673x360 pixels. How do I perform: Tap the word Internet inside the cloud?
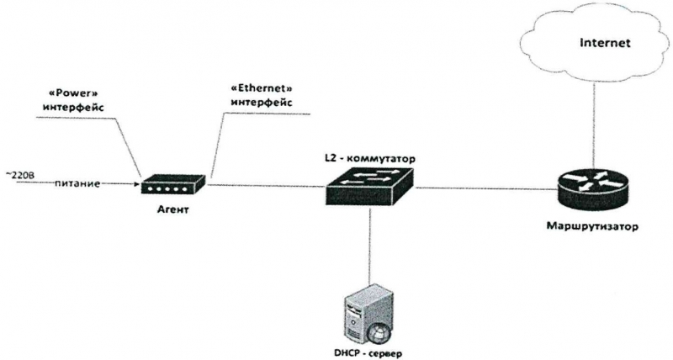click(605, 43)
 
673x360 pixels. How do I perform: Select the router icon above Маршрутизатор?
click(595, 189)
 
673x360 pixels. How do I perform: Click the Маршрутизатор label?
click(592, 226)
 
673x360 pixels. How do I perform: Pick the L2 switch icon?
click(369, 187)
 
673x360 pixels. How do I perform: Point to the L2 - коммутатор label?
click(369, 159)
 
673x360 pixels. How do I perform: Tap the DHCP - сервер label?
click(368, 354)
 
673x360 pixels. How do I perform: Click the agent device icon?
click(174, 185)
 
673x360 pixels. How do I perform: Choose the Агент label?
click(173, 210)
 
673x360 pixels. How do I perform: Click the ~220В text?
click(19, 175)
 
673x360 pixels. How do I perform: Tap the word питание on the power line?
click(77, 184)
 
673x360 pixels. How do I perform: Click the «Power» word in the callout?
click(72, 93)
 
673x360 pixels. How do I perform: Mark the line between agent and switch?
click(266, 186)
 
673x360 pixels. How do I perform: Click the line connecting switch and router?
click(487, 188)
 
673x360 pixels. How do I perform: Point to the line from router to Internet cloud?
click(595, 124)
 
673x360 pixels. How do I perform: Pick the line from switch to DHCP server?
click(369, 246)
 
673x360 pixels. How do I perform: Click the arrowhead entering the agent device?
click(138, 185)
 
